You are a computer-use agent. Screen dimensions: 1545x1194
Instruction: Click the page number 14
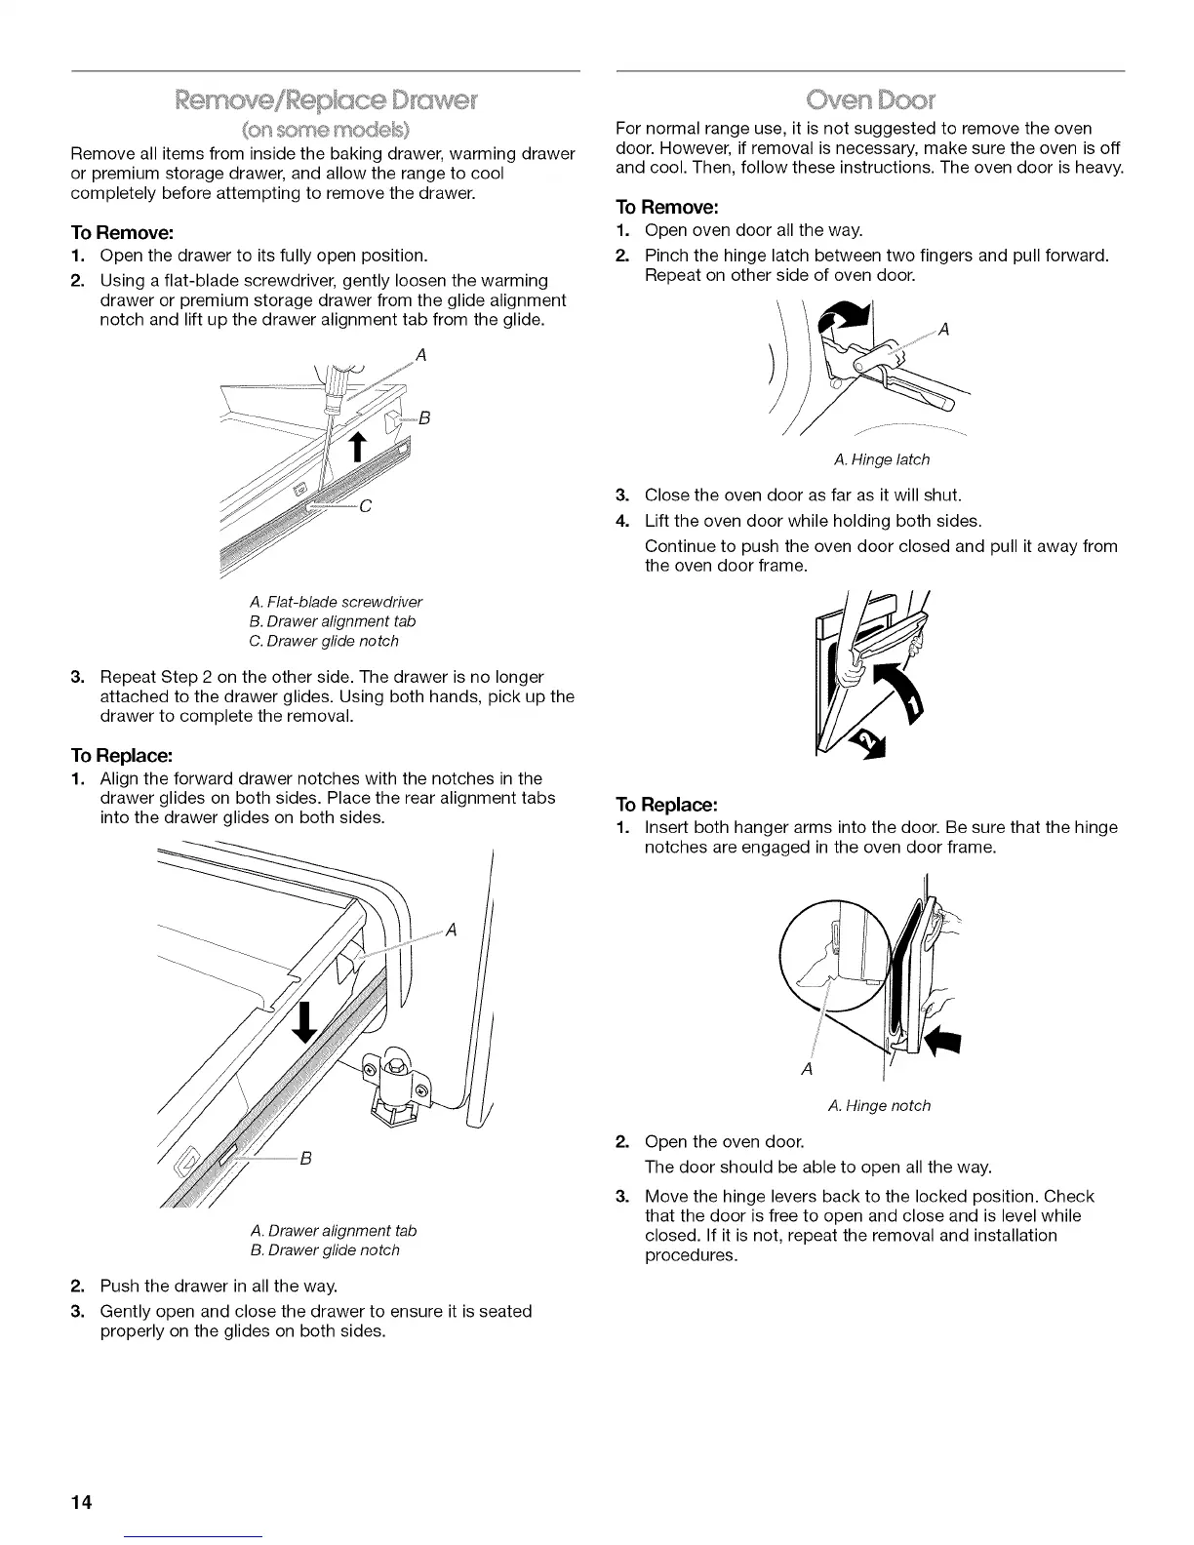pos(81,1502)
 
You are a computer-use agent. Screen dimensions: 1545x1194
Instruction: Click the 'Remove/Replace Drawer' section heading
pos(325,99)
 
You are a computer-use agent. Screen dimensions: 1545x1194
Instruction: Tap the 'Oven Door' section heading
pos(870,99)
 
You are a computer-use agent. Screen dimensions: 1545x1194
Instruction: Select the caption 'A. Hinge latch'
pos(882,459)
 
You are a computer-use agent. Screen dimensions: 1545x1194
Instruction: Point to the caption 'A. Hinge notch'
pos(878,1105)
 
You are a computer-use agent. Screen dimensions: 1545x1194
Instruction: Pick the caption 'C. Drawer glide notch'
pos(324,641)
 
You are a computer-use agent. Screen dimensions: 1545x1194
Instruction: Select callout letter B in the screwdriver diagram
pos(424,420)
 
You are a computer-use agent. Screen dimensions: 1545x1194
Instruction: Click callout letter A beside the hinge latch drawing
pos(943,330)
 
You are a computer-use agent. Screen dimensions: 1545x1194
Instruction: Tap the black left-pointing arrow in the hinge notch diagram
pos(942,1044)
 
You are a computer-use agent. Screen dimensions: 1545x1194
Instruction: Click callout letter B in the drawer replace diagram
pos(305,1159)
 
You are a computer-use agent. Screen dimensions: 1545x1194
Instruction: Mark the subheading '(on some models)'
pos(325,130)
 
